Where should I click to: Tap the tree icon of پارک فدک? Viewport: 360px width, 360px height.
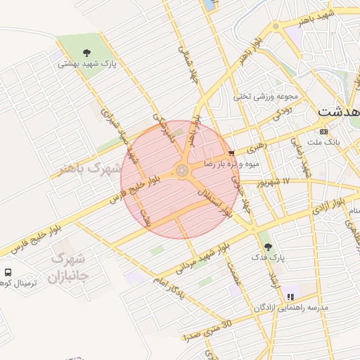[x=268, y=246]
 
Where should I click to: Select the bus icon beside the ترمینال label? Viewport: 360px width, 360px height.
[x=8, y=272]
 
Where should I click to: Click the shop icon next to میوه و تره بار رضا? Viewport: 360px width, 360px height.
[x=232, y=153]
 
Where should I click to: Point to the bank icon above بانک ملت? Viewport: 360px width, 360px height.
[x=323, y=131]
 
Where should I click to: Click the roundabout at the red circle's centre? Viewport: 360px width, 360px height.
[x=181, y=171]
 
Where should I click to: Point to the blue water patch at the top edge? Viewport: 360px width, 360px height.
[x=210, y=4]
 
